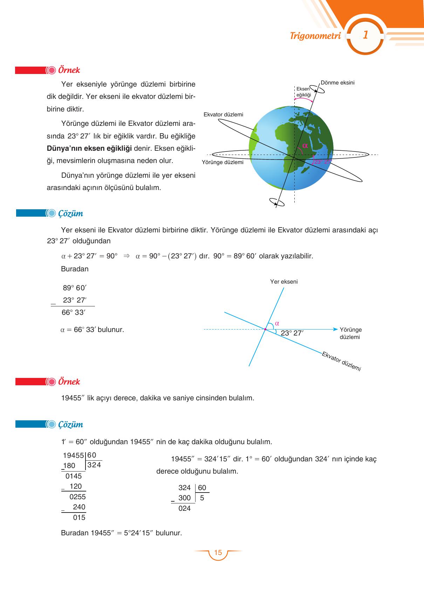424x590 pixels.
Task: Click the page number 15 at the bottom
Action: coord(218,553)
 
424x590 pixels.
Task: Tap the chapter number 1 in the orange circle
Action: coord(365,35)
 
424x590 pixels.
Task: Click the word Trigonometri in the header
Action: coord(315,36)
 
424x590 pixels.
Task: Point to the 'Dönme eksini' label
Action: coord(337,83)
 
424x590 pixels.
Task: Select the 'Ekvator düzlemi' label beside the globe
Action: coord(223,115)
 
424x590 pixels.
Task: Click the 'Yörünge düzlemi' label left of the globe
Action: coord(223,162)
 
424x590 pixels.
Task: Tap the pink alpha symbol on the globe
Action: coord(305,145)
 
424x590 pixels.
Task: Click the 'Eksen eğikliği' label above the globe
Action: coord(303,92)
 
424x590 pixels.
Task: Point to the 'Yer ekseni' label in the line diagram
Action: coord(284,282)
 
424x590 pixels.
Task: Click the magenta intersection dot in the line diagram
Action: coord(265,329)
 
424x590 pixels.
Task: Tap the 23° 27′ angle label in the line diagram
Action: coord(292,333)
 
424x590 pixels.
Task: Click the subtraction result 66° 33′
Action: coord(73,312)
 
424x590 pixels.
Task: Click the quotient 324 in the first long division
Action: coord(94,465)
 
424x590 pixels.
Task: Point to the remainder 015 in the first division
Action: coord(79,517)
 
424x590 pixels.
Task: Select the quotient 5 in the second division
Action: coord(202,498)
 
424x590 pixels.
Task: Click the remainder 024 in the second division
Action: coord(184,508)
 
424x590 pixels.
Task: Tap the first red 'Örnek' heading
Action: coord(69,70)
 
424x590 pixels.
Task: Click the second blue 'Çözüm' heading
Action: coord(70,425)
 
